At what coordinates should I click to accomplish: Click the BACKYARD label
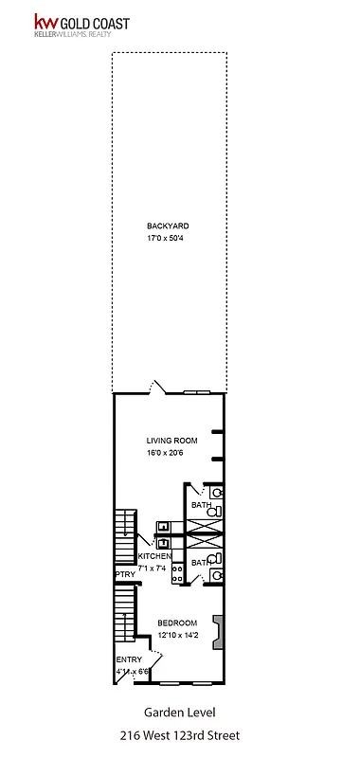(x=168, y=226)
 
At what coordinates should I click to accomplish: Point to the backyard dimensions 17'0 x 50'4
(x=168, y=238)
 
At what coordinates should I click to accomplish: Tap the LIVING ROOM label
(x=171, y=441)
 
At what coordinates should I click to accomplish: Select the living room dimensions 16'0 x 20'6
(x=171, y=453)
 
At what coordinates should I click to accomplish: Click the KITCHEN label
(x=155, y=556)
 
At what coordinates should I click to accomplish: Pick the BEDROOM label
(x=178, y=623)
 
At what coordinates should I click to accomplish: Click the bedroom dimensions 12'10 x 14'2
(x=178, y=635)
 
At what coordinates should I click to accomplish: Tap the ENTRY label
(x=128, y=659)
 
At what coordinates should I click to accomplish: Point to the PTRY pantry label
(x=124, y=574)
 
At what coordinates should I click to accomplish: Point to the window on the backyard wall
(x=197, y=392)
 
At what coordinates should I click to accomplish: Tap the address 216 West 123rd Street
(x=179, y=734)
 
